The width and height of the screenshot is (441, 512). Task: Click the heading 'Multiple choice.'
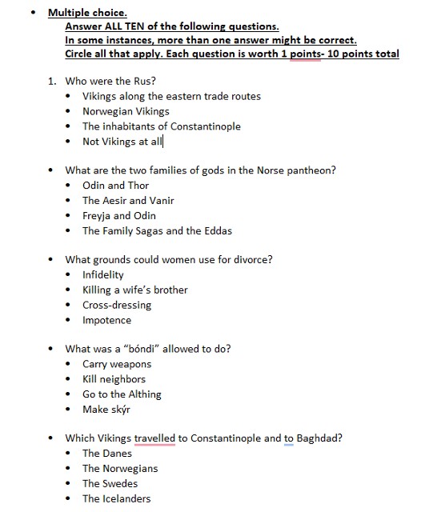coord(87,13)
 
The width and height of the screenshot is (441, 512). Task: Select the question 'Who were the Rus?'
coord(110,81)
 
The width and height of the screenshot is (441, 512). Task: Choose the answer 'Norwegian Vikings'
coord(126,111)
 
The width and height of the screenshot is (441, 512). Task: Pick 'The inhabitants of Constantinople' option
coord(161,126)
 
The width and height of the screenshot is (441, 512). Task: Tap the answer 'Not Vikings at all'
coord(122,142)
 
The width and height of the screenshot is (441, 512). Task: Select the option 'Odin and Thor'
coord(115,186)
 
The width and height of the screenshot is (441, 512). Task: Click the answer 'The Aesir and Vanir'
coord(128,201)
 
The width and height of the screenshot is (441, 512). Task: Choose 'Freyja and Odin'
coord(118,216)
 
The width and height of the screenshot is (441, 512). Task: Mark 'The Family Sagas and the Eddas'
coord(157,231)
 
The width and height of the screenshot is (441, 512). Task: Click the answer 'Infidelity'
coord(103,275)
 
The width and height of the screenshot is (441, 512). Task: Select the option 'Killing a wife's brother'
coord(135,290)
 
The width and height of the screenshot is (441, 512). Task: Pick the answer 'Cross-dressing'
coord(117,306)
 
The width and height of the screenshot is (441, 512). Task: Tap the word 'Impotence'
coord(106,321)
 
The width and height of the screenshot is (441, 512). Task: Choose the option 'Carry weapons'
coord(117,365)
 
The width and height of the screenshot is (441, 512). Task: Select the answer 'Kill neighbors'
coord(114,380)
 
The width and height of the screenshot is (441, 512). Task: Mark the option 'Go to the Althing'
coord(122,395)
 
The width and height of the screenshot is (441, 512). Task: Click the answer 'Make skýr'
coord(106,410)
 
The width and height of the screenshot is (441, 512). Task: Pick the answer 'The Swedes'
coord(110,484)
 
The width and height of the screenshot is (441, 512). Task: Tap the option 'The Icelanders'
coord(116,499)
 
